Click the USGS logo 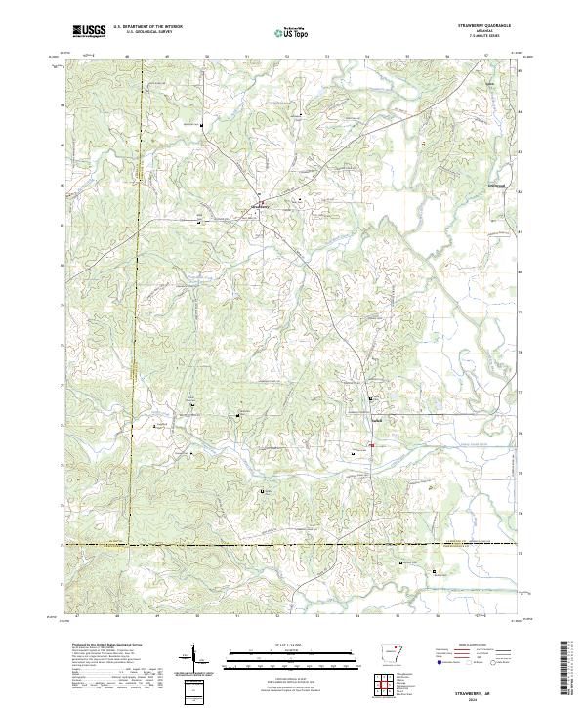pyautogui.click(x=89, y=31)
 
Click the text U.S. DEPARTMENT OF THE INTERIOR pyautogui.click(x=147, y=27)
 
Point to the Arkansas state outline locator pyautogui.click(x=389, y=653)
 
